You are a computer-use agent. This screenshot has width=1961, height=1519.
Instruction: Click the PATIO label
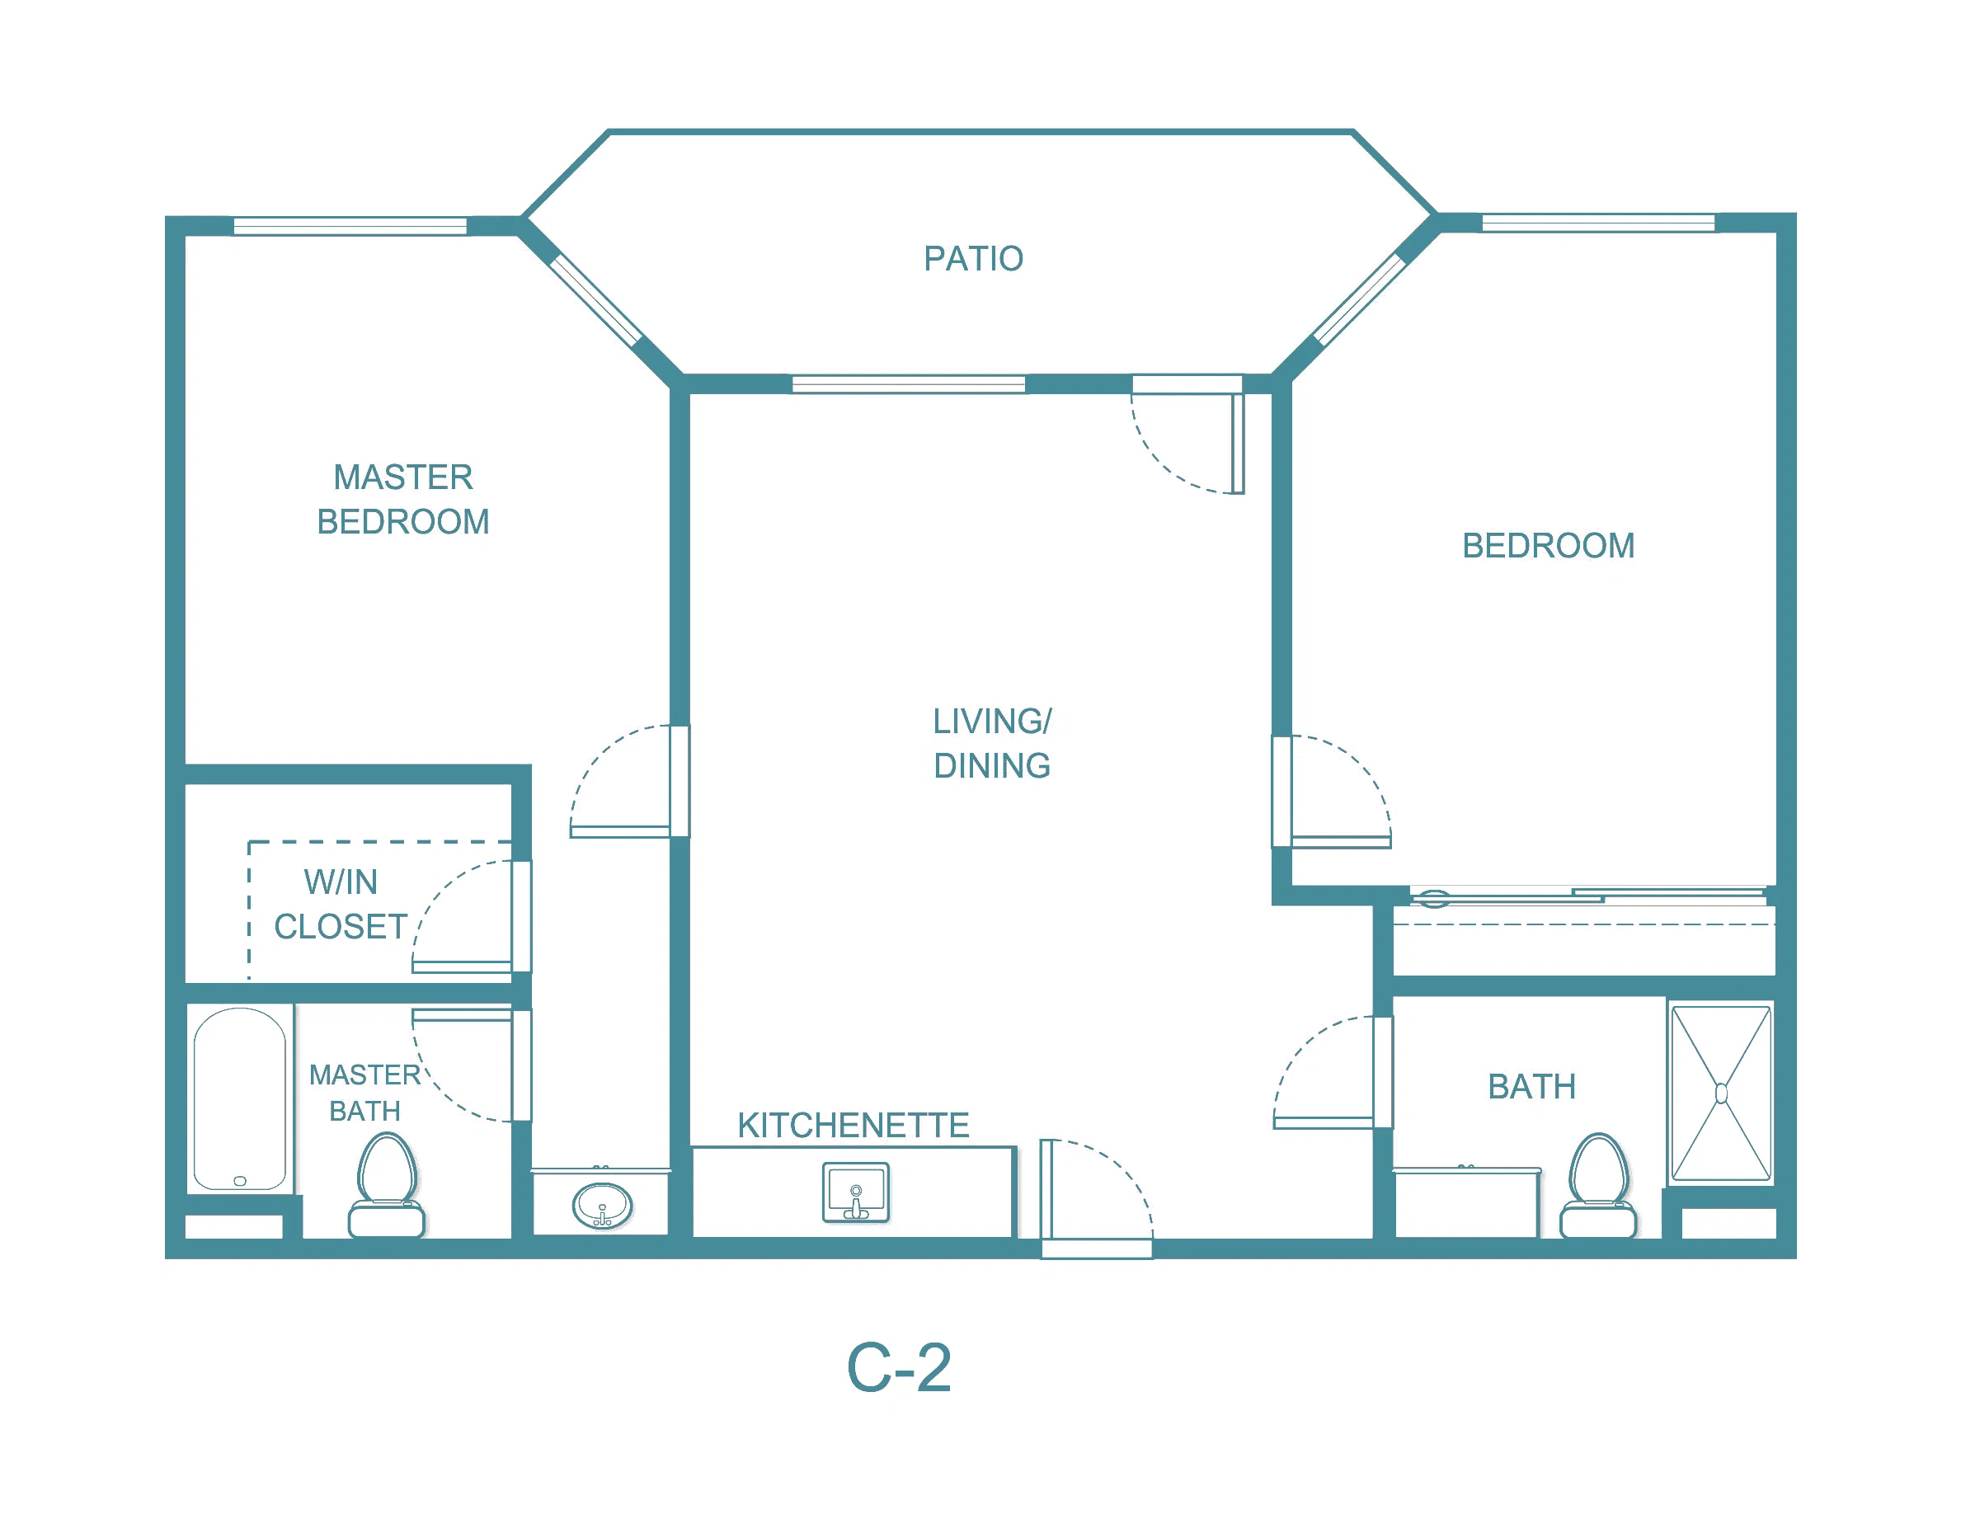point(973,259)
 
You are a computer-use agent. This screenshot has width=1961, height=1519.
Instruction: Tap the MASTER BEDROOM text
point(403,499)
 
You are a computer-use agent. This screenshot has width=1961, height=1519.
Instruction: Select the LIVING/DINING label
point(992,743)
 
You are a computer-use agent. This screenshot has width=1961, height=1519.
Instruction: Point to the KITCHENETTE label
point(853,1125)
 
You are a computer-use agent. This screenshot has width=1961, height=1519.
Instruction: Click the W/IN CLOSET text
point(341,904)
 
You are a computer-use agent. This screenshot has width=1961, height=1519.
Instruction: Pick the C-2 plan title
point(899,1368)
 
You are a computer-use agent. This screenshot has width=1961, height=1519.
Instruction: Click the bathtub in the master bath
point(240,1099)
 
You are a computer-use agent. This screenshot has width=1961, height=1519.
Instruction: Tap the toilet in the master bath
point(387,1185)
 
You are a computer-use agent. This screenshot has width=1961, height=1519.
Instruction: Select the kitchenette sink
point(856,1192)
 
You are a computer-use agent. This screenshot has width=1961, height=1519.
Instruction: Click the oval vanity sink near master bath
point(603,1206)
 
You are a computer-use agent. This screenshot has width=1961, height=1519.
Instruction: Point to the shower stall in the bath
point(1721,1093)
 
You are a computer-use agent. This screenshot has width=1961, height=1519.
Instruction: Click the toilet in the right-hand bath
point(1598,1185)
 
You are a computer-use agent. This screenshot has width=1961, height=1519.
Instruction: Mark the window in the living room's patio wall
point(909,384)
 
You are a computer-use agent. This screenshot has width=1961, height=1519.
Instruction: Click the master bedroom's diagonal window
point(595,300)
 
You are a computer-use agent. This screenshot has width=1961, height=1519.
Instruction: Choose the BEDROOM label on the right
point(1549,546)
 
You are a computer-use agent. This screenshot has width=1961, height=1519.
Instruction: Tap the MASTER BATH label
point(364,1093)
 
